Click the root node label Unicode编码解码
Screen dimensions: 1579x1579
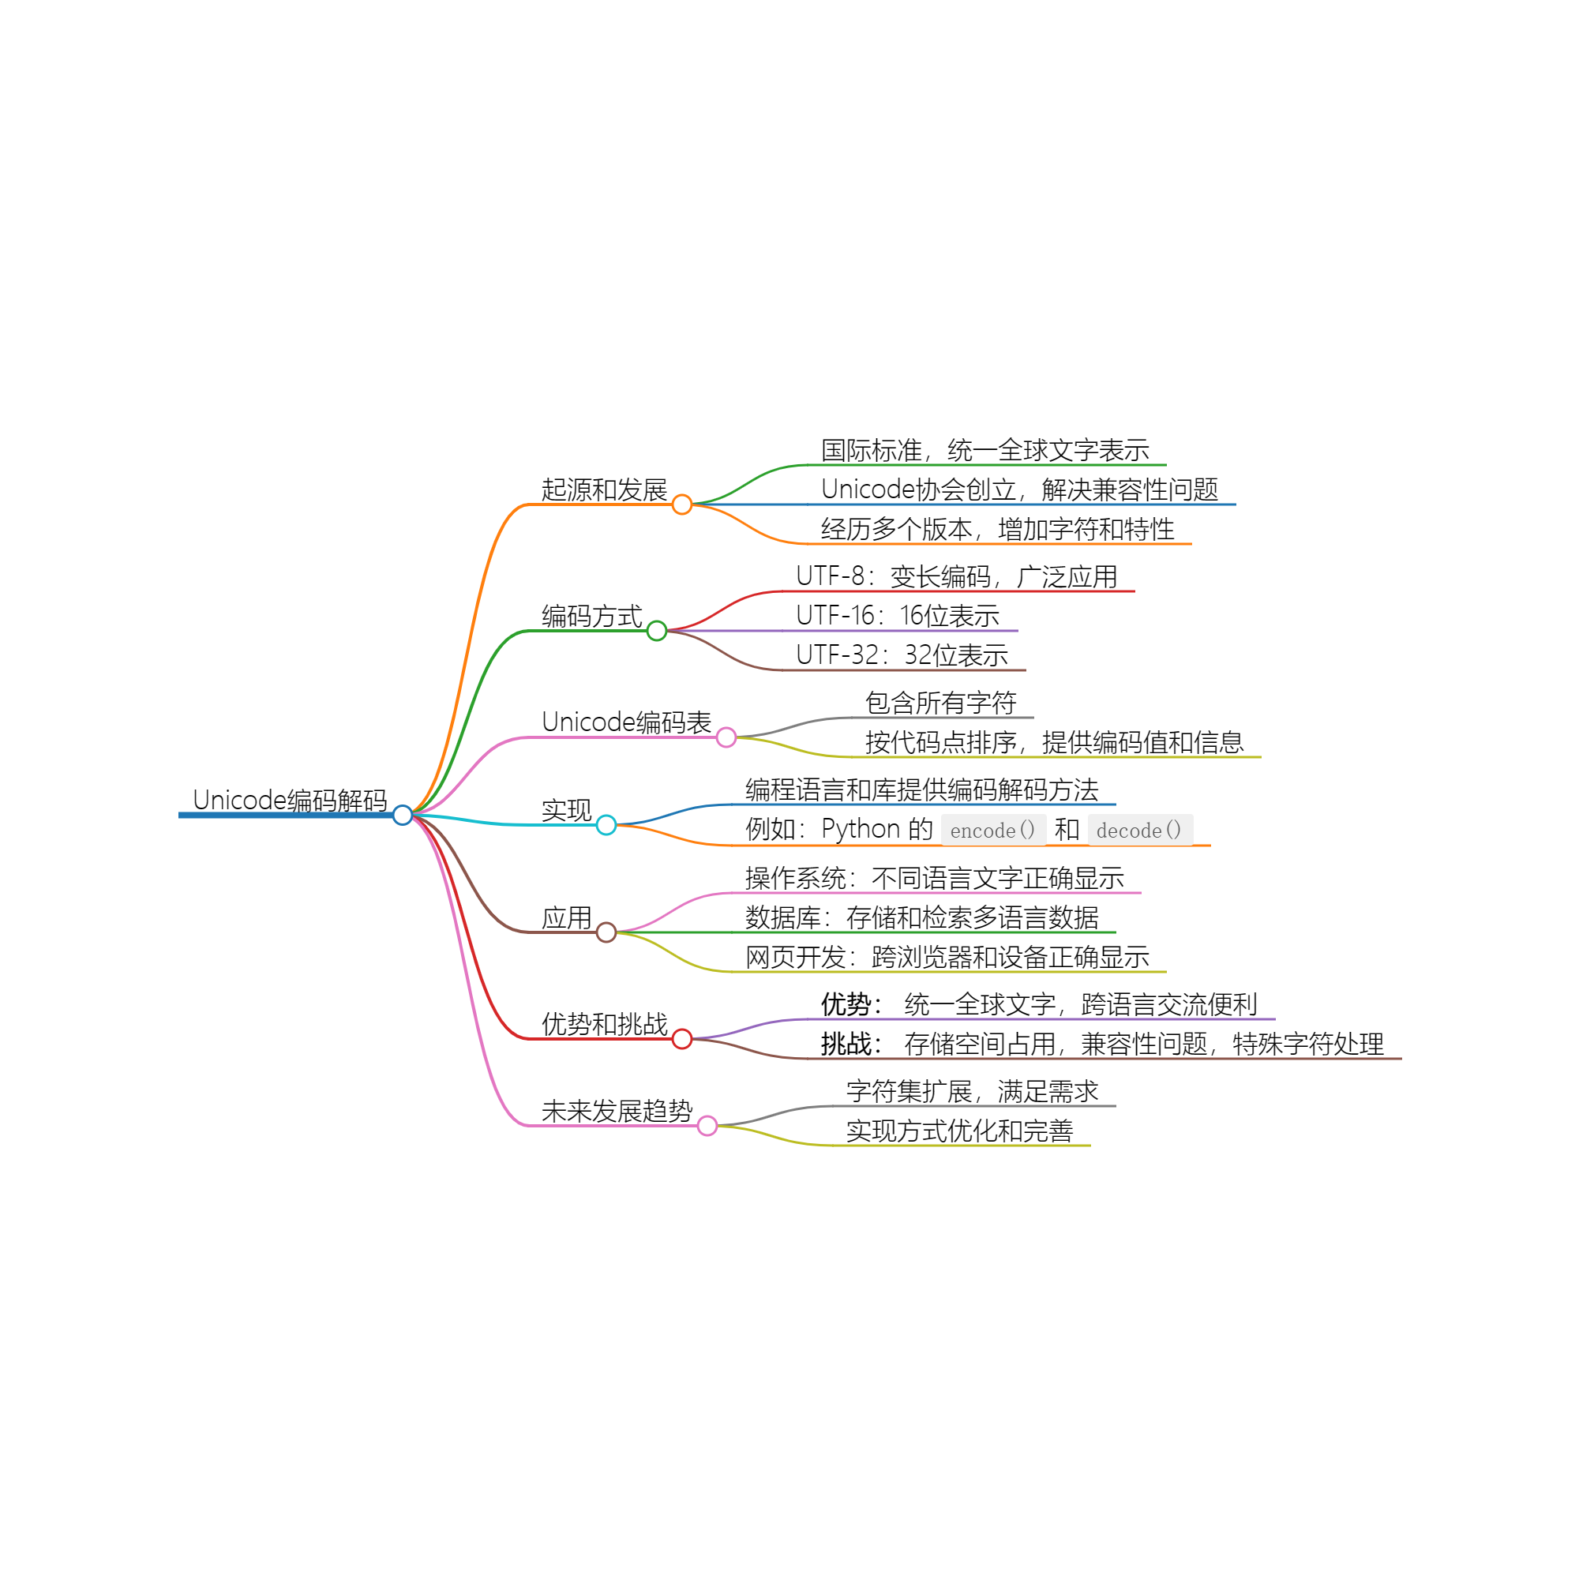tap(289, 800)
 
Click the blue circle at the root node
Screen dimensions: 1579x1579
tap(402, 815)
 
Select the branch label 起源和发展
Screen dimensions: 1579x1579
tap(604, 489)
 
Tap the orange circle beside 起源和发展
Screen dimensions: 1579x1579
tap(681, 505)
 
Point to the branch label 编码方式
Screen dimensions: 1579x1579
tap(591, 617)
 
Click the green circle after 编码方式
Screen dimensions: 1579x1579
tap(656, 631)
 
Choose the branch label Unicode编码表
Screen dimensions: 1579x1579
tap(626, 722)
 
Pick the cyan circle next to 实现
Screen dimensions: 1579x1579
tap(606, 825)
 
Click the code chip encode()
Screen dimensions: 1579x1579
tap(993, 831)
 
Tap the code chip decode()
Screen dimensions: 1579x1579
tap(1139, 831)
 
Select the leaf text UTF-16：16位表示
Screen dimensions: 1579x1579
tap(898, 616)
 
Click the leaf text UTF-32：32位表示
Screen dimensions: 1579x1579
tap(902, 654)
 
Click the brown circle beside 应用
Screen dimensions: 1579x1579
tap(606, 932)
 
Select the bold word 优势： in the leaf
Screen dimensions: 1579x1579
tap(851, 1004)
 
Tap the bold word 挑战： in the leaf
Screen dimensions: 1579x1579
tap(851, 1044)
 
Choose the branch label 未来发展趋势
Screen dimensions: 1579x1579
tap(617, 1112)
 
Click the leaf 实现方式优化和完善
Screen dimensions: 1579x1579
tap(958, 1131)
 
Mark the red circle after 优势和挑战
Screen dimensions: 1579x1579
tap(681, 1039)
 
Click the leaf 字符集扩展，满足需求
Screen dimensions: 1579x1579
tap(972, 1091)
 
